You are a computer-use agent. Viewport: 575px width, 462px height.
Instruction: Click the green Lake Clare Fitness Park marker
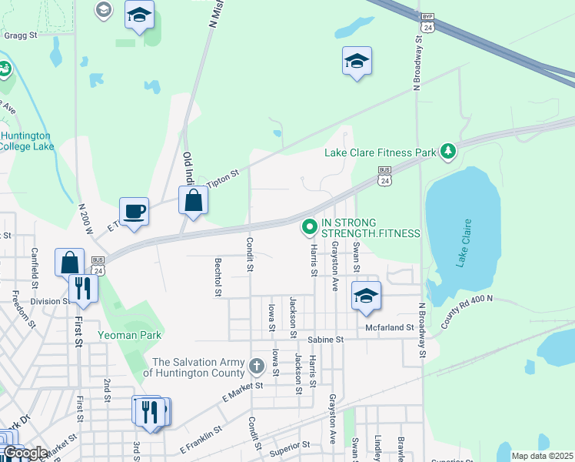click(448, 152)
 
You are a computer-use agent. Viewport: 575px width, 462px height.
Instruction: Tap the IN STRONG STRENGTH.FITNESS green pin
click(310, 227)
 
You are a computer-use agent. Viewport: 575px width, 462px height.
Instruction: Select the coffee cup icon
click(135, 212)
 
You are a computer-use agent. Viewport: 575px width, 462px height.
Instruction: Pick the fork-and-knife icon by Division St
click(83, 289)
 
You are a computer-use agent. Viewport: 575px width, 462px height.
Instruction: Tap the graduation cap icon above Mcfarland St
click(366, 296)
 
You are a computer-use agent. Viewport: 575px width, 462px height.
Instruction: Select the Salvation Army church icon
click(257, 363)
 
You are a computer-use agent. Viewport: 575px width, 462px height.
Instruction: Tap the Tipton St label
click(224, 179)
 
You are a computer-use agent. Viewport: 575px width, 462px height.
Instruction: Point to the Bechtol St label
click(218, 277)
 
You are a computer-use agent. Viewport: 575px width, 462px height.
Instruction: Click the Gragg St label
click(21, 35)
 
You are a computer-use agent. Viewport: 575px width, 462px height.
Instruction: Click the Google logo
click(25, 452)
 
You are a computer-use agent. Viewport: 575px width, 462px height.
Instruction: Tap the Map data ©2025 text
click(541, 456)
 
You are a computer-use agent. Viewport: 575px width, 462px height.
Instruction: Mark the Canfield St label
click(35, 263)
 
